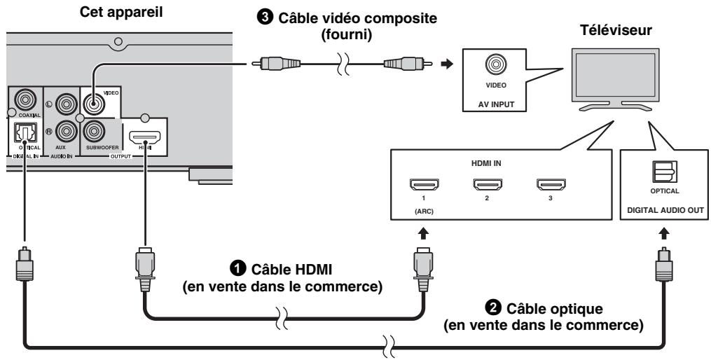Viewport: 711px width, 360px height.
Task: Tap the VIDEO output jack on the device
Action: pyautogui.click(x=94, y=103)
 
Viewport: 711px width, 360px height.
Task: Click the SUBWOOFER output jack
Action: pyautogui.click(x=94, y=131)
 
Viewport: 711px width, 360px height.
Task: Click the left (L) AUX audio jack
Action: pyautogui.click(x=67, y=103)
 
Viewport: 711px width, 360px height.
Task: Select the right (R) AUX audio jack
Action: pyautogui.click(x=67, y=130)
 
